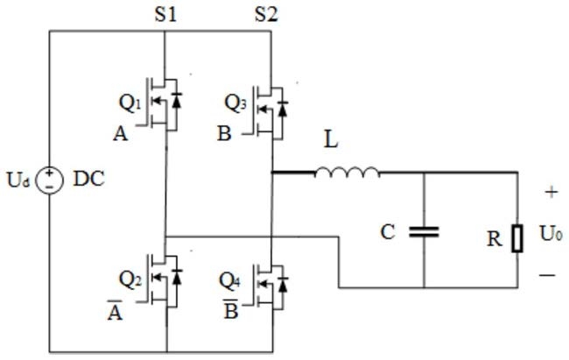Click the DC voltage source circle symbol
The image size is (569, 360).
50,180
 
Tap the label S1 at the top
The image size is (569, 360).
165,15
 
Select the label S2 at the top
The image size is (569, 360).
266,15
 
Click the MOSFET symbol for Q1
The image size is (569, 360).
164,104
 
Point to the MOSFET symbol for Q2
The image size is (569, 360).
164,279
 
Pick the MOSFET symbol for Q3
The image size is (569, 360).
268,113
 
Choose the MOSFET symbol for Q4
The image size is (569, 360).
268,287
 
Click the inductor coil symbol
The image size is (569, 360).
347,173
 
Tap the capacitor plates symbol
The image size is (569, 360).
424,232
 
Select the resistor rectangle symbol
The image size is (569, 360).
517,238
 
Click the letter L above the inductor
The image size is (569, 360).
331,139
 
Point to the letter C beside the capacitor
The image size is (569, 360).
388,232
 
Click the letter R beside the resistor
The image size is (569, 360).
495,239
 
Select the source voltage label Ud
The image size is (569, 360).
18,180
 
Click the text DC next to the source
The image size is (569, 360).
89,179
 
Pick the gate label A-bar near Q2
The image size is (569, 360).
115,311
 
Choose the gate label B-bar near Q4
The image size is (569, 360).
231,309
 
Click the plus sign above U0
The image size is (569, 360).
551,192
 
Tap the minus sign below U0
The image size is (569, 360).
547,275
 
